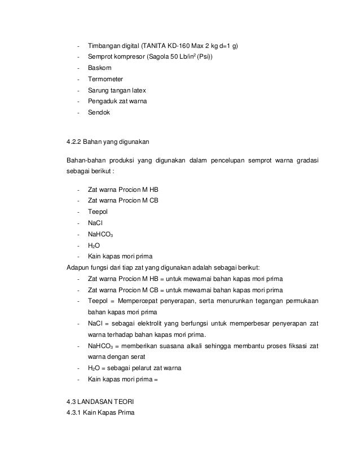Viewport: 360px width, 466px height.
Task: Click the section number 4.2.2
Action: click(76, 140)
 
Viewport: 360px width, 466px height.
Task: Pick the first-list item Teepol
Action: click(97, 212)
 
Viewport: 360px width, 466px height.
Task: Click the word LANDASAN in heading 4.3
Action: click(101, 402)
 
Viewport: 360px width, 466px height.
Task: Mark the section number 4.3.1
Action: click(76, 412)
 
